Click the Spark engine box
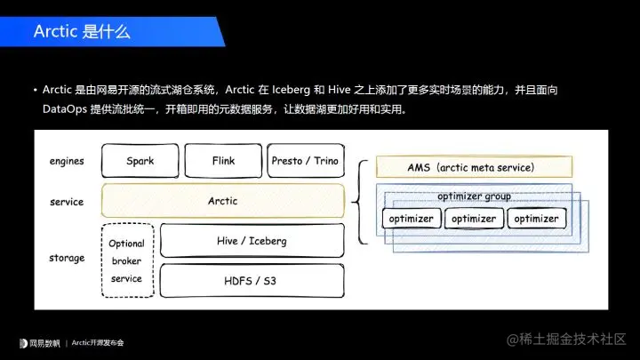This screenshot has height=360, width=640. (x=140, y=161)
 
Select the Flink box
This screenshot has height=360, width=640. (x=223, y=161)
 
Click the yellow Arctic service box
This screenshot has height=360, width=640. (x=222, y=201)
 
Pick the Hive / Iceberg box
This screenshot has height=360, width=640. (x=252, y=241)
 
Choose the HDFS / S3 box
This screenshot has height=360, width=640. (x=252, y=280)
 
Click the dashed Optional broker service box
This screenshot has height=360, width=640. (x=126, y=260)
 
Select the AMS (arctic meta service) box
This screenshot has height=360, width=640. (x=470, y=166)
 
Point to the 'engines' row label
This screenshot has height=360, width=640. (x=67, y=162)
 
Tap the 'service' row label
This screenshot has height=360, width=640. (x=67, y=202)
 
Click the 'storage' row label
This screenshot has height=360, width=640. (x=67, y=258)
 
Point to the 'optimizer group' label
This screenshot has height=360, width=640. (x=474, y=196)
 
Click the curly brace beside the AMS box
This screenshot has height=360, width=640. (x=359, y=202)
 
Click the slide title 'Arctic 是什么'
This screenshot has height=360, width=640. (x=82, y=32)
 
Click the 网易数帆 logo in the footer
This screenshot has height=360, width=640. (x=41, y=342)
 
